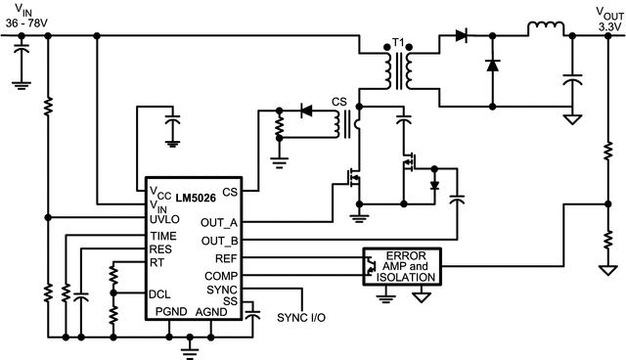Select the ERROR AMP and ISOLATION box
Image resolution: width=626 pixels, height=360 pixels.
pos(402,266)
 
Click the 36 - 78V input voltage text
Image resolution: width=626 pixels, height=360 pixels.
pos(32,22)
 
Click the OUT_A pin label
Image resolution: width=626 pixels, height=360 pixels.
pos(221,223)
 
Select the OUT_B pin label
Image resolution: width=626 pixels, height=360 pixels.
pos(221,241)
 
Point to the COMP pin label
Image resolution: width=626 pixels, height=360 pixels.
pos(223,275)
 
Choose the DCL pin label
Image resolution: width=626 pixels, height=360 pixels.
pos(159,293)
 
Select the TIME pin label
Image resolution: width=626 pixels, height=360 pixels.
pos(162,236)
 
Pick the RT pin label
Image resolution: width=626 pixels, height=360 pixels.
pos(156,261)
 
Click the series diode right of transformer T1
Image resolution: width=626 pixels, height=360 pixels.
pos(462,35)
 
